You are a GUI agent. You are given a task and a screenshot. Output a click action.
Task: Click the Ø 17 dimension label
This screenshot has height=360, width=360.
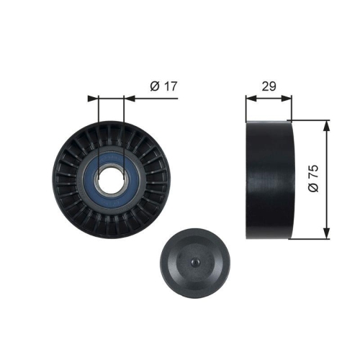click(x=163, y=86)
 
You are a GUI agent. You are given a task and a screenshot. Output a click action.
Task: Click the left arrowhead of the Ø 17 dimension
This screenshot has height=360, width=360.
click(x=91, y=98)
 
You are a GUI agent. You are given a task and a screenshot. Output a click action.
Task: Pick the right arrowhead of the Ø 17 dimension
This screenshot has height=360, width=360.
click(x=129, y=98)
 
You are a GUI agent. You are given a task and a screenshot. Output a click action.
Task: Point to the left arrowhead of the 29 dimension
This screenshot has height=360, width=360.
click(x=250, y=98)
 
